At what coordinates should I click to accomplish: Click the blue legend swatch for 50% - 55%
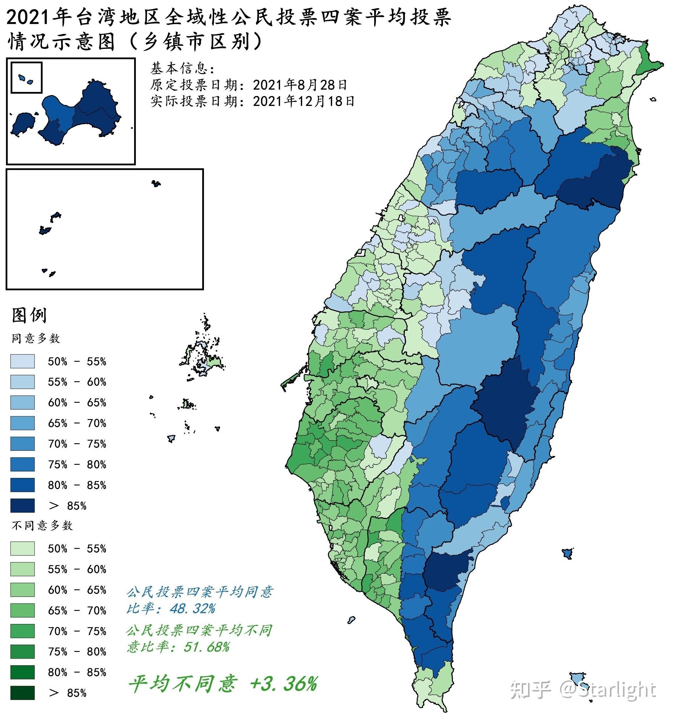click(22, 361)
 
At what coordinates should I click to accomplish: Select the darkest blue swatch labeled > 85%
click(22, 505)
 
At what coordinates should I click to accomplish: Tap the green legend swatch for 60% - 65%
click(22, 590)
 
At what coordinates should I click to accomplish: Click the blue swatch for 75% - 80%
click(22, 464)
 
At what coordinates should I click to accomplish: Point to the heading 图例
click(29, 315)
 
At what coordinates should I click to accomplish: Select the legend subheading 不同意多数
click(42, 526)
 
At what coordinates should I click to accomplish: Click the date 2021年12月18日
click(303, 101)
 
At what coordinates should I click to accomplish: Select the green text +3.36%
click(283, 684)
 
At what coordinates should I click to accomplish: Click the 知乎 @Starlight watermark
click(583, 690)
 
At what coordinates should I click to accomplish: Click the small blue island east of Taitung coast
click(567, 553)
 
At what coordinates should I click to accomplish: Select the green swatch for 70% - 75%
click(22, 631)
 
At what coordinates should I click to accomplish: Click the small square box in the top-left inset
click(26, 77)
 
